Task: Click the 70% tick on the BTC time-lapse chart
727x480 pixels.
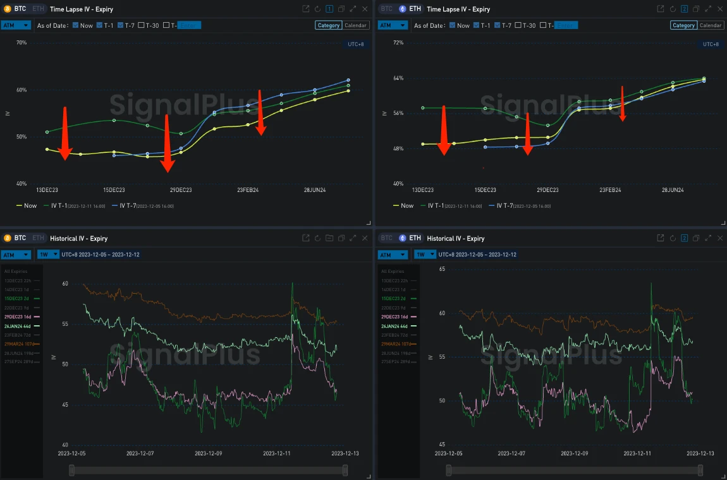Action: (x=21, y=42)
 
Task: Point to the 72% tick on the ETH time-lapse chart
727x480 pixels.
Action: (x=398, y=42)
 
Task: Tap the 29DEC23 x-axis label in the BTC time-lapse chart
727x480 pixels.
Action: (x=181, y=190)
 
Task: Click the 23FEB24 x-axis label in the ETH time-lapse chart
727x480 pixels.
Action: (x=610, y=190)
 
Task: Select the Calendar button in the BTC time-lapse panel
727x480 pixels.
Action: (x=356, y=25)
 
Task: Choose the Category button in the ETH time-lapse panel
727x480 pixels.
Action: (x=683, y=25)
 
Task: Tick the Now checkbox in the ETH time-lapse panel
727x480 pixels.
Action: (x=453, y=25)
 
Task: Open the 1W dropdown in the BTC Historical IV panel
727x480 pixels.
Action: (x=47, y=255)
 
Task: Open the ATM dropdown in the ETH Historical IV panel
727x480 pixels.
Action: (x=392, y=255)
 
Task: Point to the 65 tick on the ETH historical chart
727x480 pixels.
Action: (x=443, y=269)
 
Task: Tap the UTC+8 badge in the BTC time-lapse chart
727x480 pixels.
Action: (x=356, y=44)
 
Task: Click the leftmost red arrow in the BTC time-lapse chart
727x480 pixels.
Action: (x=64, y=133)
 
